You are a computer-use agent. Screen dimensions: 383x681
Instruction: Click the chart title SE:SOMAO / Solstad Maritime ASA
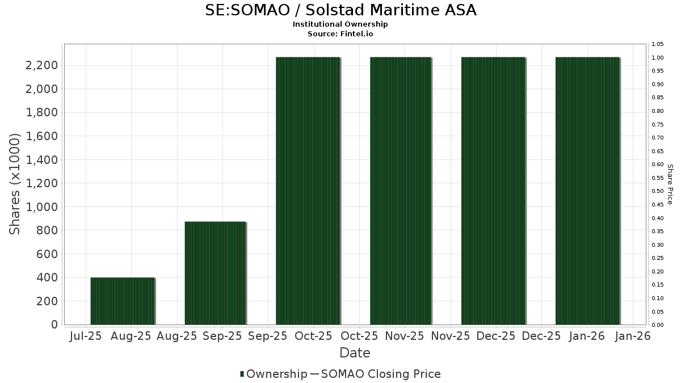(340, 10)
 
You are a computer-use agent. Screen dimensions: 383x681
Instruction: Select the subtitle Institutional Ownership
(340, 24)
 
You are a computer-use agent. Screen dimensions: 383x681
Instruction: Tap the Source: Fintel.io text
(340, 34)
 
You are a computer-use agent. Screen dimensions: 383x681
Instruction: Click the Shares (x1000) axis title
(15, 184)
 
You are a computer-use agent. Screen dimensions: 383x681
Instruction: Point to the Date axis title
(355, 353)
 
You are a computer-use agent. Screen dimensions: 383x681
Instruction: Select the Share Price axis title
(670, 184)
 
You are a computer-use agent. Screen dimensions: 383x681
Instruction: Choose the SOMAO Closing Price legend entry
(380, 374)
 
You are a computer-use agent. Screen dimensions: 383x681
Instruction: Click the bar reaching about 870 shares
(215, 273)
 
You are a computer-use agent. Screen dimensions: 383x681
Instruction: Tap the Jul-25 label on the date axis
(85, 336)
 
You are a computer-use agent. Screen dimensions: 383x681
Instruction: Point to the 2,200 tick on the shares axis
(41, 65)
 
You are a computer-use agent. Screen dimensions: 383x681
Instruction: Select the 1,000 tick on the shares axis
(41, 207)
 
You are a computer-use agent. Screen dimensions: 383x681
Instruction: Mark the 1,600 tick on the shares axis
(41, 136)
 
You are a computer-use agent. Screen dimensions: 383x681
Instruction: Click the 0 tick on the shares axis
(54, 325)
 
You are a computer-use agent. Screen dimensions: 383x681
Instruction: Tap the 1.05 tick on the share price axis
(657, 44)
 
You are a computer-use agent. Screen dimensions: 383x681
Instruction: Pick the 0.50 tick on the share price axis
(657, 191)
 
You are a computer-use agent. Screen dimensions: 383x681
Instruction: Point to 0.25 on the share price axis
(657, 258)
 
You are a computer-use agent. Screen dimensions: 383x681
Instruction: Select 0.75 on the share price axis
(657, 124)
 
